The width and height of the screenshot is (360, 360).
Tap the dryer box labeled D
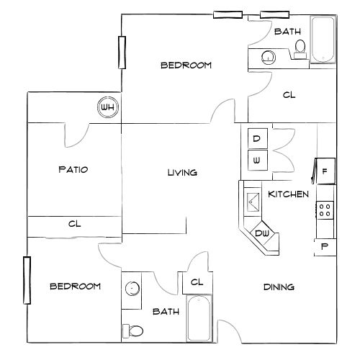(257, 138)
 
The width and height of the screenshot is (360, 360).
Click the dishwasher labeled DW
(262, 233)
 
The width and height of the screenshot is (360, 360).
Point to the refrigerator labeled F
(324, 171)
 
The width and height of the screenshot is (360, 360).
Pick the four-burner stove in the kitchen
(325, 210)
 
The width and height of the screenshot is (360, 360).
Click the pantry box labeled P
(324, 246)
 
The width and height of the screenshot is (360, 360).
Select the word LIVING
(182, 173)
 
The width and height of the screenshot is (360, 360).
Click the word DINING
(279, 287)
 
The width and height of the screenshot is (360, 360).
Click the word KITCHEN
(288, 194)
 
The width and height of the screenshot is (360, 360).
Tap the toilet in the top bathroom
(300, 47)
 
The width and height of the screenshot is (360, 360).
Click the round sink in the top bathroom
(269, 56)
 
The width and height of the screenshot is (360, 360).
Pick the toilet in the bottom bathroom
(132, 330)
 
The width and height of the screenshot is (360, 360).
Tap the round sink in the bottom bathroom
(132, 289)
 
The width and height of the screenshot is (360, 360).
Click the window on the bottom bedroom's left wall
(28, 279)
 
